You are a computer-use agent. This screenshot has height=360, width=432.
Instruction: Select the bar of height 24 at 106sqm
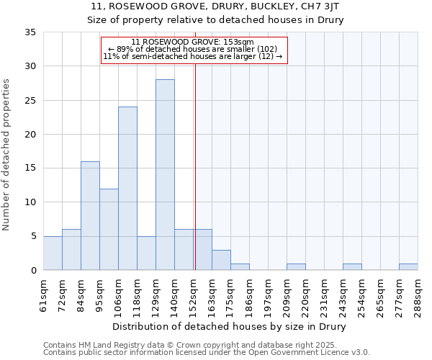tap(127, 189)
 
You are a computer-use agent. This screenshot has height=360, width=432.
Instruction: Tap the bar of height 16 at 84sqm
tap(90, 216)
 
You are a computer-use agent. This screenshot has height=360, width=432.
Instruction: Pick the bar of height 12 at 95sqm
tap(109, 230)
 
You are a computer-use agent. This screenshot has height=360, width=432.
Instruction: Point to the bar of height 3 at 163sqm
tap(221, 260)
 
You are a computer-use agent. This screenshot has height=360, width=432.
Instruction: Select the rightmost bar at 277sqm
tap(408, 267)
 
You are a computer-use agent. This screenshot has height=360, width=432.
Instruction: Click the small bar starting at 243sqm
tap(352, 267)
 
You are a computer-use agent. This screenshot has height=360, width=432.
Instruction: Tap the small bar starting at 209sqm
tap(296, 267)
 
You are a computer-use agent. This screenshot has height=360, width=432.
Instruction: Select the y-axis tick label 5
tap(32, 236)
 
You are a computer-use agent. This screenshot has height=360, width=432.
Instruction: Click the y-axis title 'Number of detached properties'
tap(8, 156)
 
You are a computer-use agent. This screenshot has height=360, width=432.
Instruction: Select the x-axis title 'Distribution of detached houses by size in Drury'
tap(230, 327)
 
